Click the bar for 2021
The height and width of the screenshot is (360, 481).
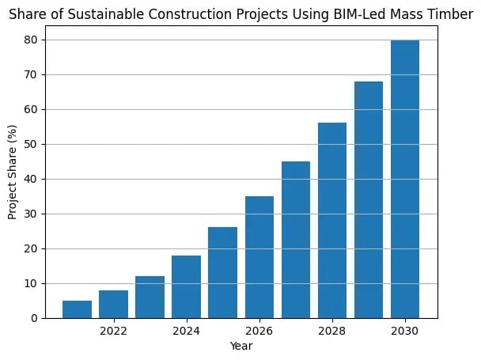tap(77, 309)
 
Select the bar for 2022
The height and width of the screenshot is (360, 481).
tap(113, 304)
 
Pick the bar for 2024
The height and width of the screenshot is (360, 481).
tap(186, 286)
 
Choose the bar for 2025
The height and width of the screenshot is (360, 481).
tap(222, 272)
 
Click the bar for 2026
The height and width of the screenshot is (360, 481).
tap(259, 257)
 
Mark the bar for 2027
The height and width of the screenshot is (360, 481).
tap(295, 240)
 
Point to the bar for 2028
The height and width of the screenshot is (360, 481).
tap(332, 221)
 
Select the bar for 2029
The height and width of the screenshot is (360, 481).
tap(369, 199)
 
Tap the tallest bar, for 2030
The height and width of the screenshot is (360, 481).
tap(405, 179)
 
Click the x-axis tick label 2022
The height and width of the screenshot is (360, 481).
tap(113, 330)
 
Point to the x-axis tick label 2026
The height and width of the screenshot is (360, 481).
tap(259, 330)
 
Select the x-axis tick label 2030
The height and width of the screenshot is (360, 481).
tap(405, 330)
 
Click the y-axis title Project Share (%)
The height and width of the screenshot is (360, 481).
tap(12, 179)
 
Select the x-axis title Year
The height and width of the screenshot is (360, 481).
tap(240, 346)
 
